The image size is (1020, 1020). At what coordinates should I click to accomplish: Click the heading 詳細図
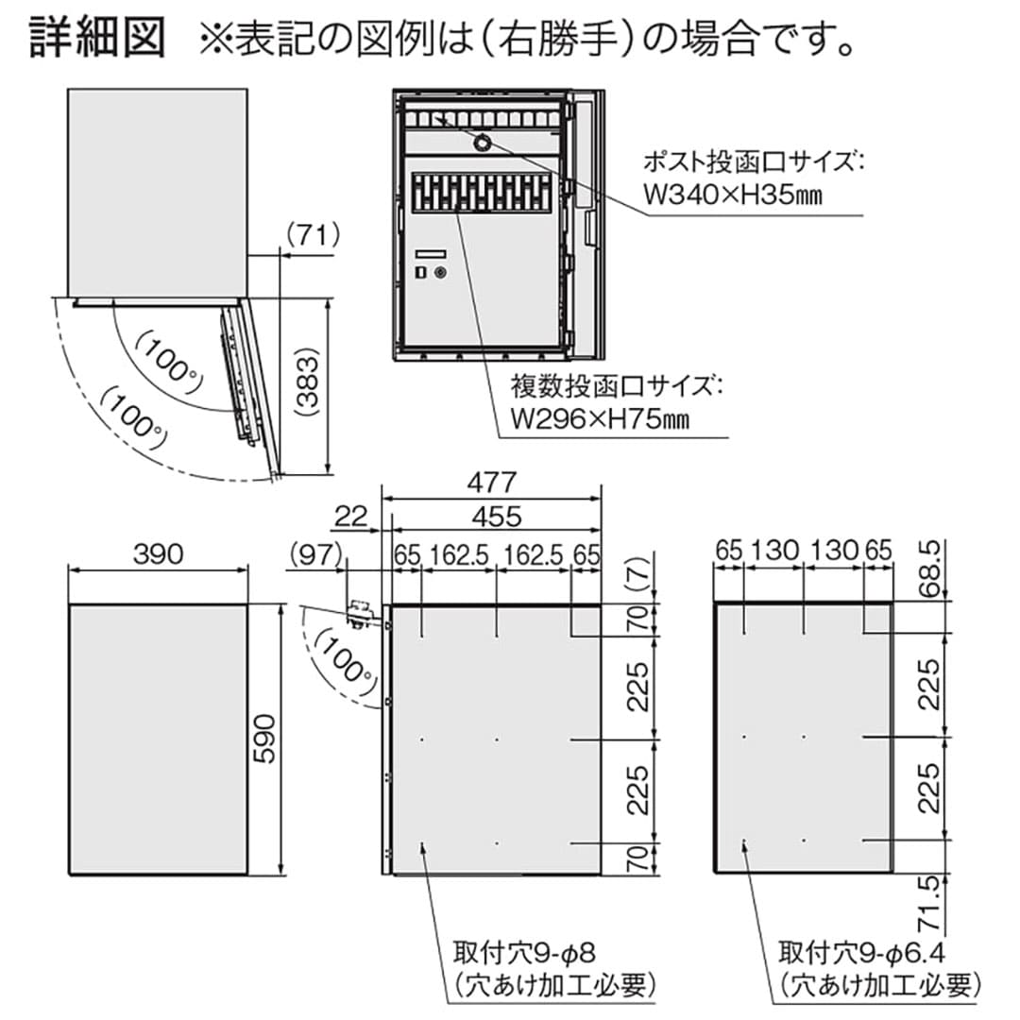point(97,37)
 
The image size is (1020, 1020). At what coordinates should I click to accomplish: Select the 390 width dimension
point(159,554)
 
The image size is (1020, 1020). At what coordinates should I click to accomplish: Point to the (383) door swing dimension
point(308,385)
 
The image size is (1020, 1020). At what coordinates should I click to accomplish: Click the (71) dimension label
point(314,235)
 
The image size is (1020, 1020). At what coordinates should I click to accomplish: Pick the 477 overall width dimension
point(492,482)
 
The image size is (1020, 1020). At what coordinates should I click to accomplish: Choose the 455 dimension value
point(497,517)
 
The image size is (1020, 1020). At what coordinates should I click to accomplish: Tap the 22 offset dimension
point(351,517)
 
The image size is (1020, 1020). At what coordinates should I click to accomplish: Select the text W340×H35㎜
point(733,194)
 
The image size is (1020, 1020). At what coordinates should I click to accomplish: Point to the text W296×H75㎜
point(600,418)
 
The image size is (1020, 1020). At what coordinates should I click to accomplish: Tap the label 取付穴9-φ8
point(525,954)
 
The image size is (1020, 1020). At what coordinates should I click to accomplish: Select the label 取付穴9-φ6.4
point(862,954)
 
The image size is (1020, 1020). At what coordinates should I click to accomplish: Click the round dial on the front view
point(483,142)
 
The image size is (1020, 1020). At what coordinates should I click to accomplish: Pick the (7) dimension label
point(640,572)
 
